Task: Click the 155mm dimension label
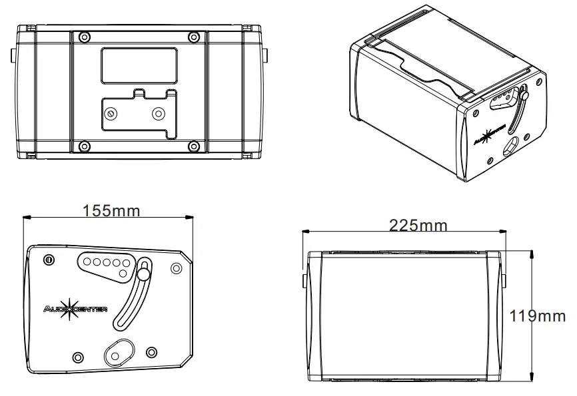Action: pyautogui.click(x=111, y=210)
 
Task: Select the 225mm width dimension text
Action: pyautogui.click(x=418, y=225)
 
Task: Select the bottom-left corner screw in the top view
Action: pyautogui.click(x=83, y=146)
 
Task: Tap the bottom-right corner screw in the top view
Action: pyautogui.click(x=193, y=146)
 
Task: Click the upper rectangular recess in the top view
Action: pyautogui.click(x=139, y=65)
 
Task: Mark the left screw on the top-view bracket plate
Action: pyautogui.click(x=111, y=113)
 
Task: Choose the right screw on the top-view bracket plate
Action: pyautogui.click(x=159, y=113)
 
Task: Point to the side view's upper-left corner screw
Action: pyautogui.click(x=48, y=259)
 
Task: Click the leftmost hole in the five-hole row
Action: pyautogui.click(x=87, y=262)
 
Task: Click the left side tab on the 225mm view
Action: pyautogui.click(x=305, y=280)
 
